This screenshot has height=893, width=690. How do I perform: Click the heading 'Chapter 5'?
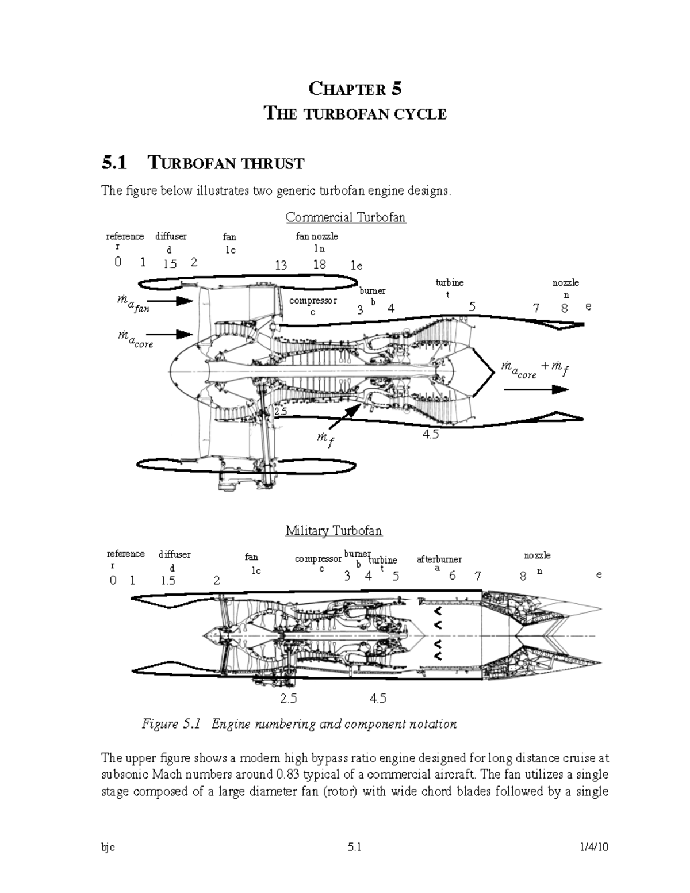point(355,89)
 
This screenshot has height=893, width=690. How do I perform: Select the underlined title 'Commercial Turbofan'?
point(346,217)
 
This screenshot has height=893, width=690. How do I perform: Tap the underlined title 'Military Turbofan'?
point(333,530)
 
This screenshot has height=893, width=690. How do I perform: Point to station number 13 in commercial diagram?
point(281,265)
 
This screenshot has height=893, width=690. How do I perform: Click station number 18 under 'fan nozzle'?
point(319,264)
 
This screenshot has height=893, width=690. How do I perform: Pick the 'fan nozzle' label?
point(317,236)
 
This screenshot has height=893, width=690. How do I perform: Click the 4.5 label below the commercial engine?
point(430,435)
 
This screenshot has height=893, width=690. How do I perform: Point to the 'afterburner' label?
point(439,559)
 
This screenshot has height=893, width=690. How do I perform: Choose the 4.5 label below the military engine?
point(378,698)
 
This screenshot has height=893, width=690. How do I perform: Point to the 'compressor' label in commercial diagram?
point(313,301)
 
